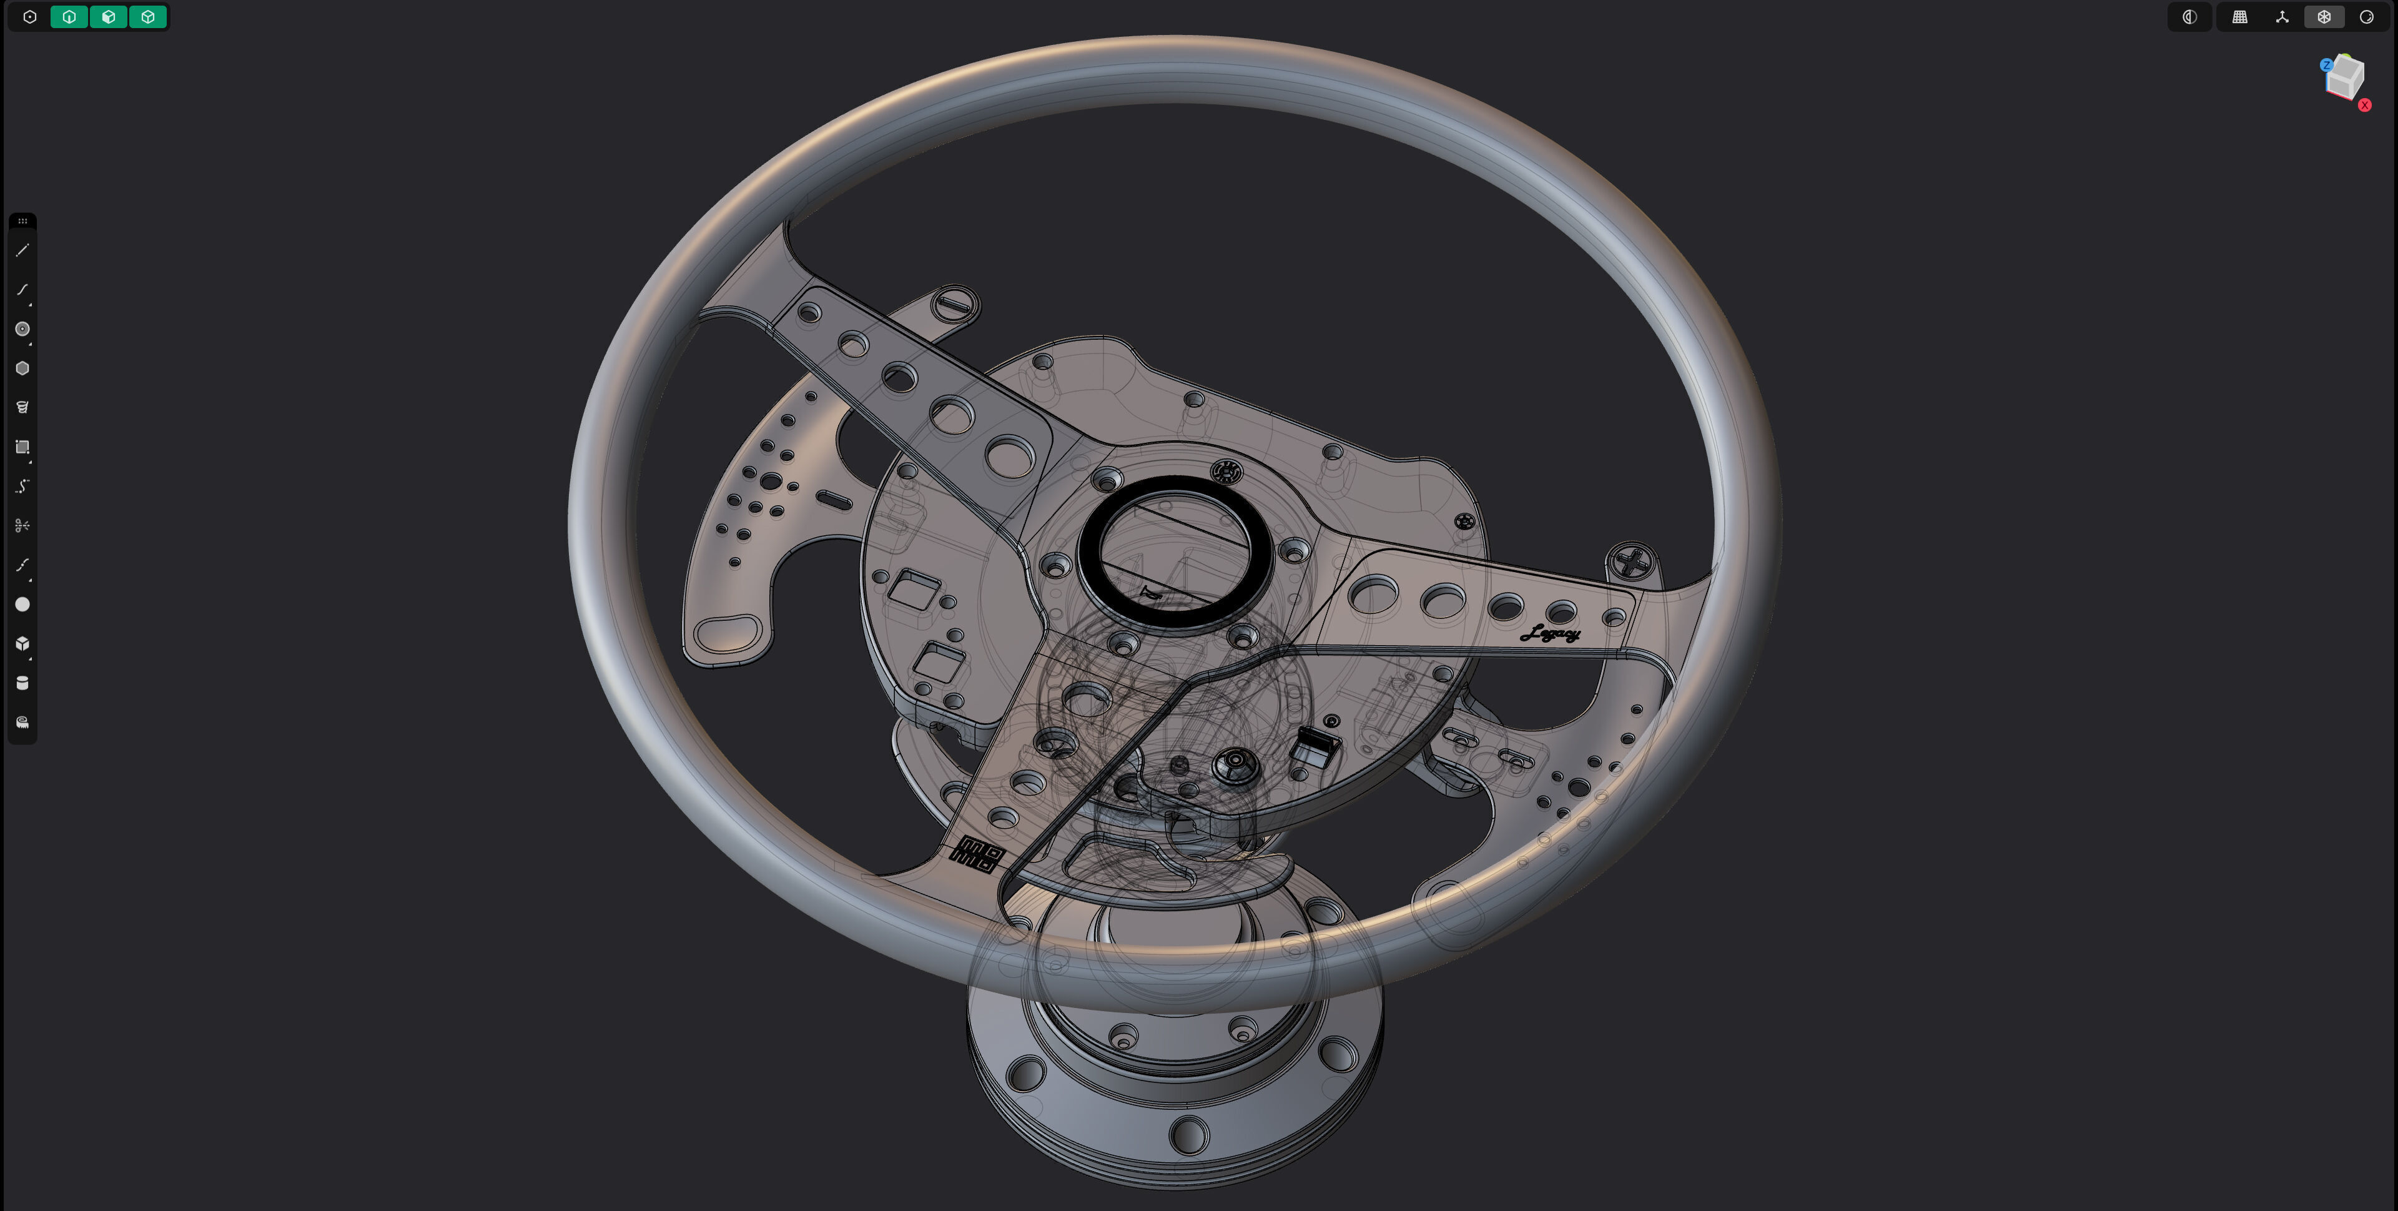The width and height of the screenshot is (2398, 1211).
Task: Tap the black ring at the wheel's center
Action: (1175, 552)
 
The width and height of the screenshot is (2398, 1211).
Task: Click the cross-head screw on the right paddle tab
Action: (1632, 561)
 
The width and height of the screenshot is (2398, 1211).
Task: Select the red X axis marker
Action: (2364, 105)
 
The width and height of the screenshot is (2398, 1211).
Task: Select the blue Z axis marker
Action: (2326, 65)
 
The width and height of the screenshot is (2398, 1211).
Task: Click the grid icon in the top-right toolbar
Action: (2240, 17)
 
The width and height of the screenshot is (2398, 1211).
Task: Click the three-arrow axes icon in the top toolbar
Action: (2282, 17)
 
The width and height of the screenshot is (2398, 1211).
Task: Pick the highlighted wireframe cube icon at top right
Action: (2324, 17)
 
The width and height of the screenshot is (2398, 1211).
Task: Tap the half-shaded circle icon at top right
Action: (2189, 17)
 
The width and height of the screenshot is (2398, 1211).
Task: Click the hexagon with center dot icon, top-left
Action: (30, 17)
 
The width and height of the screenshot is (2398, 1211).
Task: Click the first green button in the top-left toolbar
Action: (69, 17)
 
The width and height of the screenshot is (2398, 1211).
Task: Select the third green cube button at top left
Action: (148, 17)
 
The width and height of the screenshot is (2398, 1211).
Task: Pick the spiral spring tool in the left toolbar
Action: (22, 407)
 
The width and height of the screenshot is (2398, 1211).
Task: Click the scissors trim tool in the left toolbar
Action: (22, 526)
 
